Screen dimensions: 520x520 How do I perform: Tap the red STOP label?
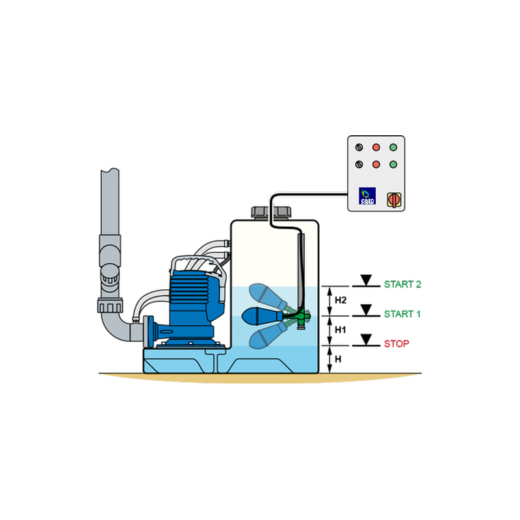[x=396, y=343]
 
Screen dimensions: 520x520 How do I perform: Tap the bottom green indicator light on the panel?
[x=393, y=164]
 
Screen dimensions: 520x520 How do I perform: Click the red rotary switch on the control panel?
[x=393, y=198]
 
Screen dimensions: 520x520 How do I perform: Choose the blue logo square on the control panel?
[x=367, y=196]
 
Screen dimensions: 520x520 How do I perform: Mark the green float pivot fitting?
[x=301, y=318]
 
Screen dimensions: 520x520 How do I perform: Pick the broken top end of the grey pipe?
[x=109, y=172]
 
